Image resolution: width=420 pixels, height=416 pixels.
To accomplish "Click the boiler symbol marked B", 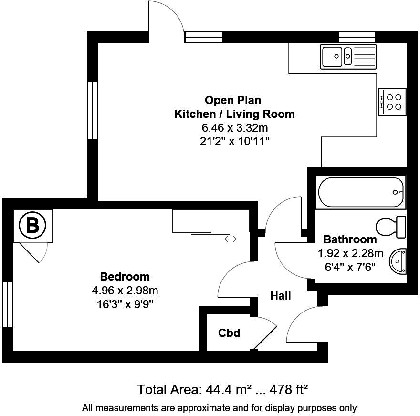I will [x=32, y=226].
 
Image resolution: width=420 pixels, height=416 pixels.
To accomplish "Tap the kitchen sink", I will [x=348, y=57].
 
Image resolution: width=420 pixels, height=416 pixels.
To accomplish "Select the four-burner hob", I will [x=392, y=102].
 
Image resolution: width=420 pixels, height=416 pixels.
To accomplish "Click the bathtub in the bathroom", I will [x=360, y=192].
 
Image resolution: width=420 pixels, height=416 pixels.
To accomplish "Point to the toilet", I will [x=392, y=227].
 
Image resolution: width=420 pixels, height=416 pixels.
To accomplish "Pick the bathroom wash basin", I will [x=399, y=262].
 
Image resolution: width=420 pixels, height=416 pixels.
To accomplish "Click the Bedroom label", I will [x=125, y=277].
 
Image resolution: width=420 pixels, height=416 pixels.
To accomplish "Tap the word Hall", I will [x=281, y=296].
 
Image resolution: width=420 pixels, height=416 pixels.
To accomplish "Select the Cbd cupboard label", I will [x=229, y=333].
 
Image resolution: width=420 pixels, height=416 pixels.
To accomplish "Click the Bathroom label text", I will [x=350, y=239].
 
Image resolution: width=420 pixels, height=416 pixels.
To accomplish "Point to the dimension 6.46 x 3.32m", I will [x=234, y=128].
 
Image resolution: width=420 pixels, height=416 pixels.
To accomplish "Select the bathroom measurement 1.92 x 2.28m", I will [x=350, y=253].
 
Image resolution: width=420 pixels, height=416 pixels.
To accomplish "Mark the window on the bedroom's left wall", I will [x=7, y=304].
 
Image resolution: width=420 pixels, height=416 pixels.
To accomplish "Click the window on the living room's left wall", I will [x=92, y=110].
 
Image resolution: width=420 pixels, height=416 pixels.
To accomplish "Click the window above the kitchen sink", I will [x=357, y=37].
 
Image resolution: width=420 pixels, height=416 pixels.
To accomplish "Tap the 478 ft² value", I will [x=289, y=389].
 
